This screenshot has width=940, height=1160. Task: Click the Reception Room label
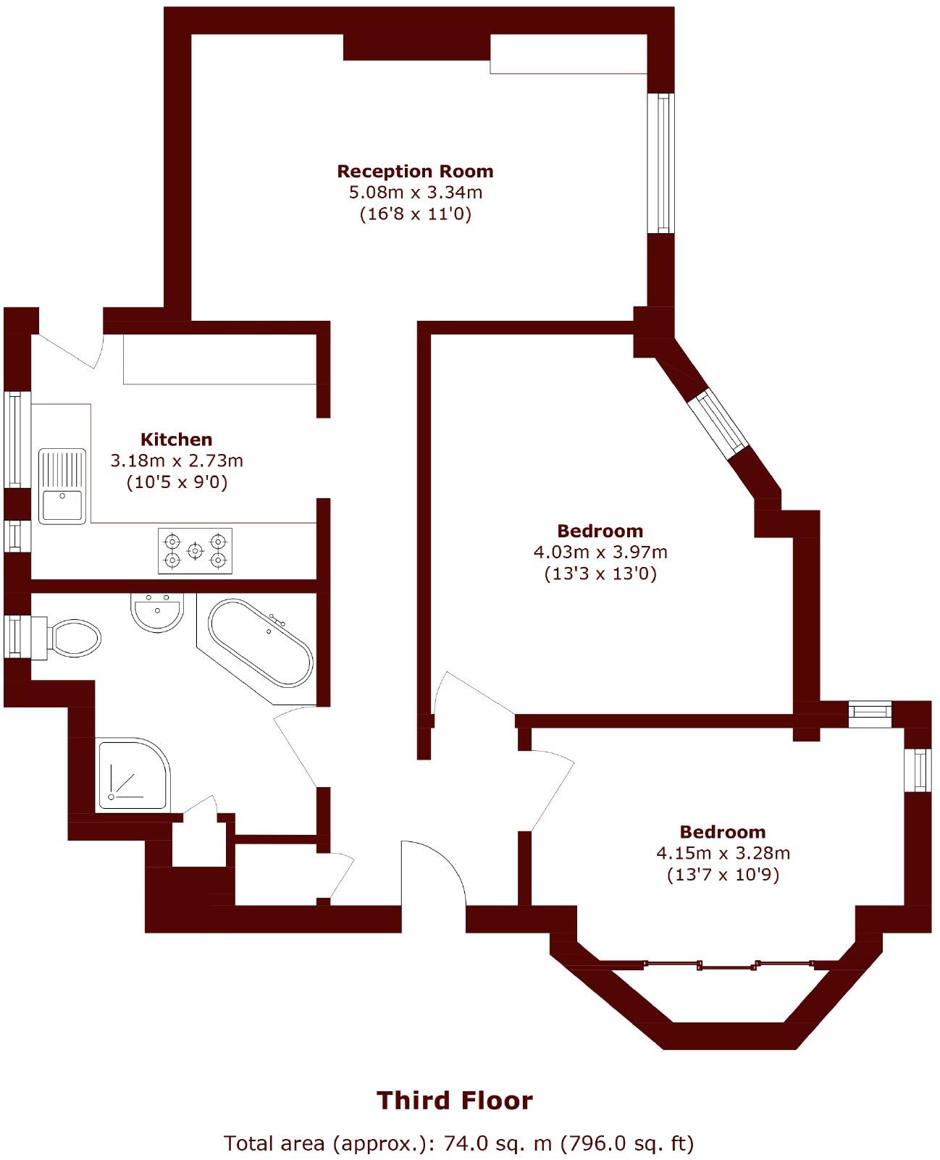[415, 172]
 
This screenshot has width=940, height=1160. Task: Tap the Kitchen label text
[176, 440]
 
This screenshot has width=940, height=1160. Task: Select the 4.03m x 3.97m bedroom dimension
[600, 552]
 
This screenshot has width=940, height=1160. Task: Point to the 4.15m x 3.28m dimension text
[723, 853]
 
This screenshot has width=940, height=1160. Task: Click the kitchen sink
[62, 486]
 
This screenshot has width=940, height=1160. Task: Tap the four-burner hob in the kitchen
[196, 551]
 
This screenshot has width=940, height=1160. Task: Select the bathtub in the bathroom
[261, 642]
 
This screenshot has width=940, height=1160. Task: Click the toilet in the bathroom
[72, 638]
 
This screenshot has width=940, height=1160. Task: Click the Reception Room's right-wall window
[660, 163]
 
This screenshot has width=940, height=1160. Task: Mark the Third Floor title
[455, 1101]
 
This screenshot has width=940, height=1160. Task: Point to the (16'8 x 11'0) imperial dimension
[416, 214]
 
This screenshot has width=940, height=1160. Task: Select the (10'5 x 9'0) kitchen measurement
[177, 482]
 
